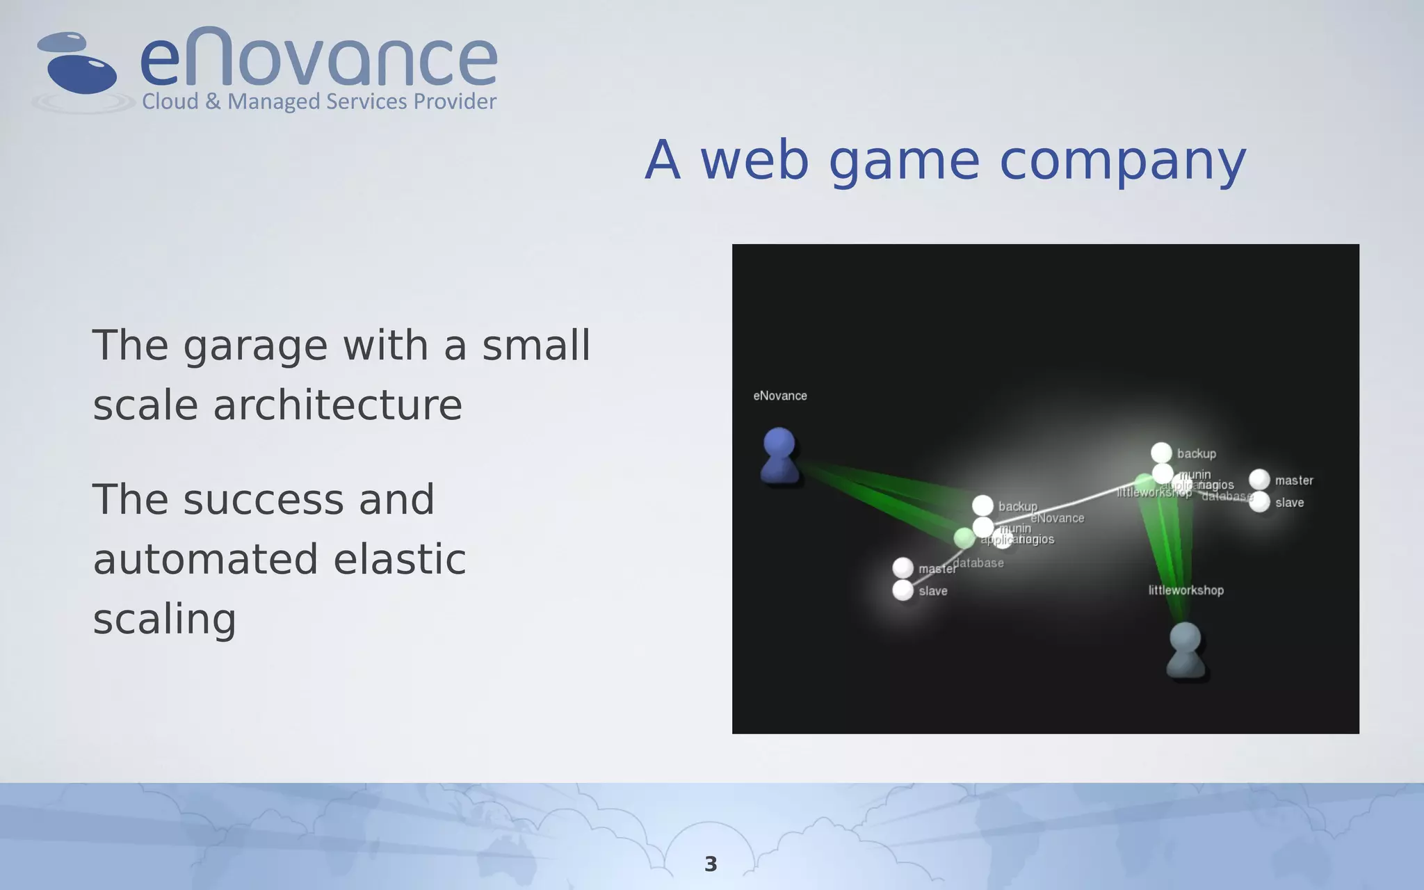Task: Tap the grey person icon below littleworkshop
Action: tap(1186, 650)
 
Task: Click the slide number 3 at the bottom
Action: tap(711, 864)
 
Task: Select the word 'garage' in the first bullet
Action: tap(255, 346)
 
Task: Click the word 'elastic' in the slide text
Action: tap(399, 560)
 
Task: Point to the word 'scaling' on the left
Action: tap(165, 619)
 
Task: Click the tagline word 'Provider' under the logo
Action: tap(455, 102)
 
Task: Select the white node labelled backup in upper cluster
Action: tap(1161, 453)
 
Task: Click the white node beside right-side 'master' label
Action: tap(1259, 479)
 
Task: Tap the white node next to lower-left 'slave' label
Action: tap(903, 590)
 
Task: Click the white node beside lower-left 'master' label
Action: tap(903, 567)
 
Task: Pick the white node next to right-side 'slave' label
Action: tap(1259, 502)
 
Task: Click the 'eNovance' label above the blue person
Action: tap(780, 396)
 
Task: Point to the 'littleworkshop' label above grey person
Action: tap(1186, 590)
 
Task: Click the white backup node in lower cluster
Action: tap(982, 505)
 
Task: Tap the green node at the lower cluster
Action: tap(964, 537)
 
